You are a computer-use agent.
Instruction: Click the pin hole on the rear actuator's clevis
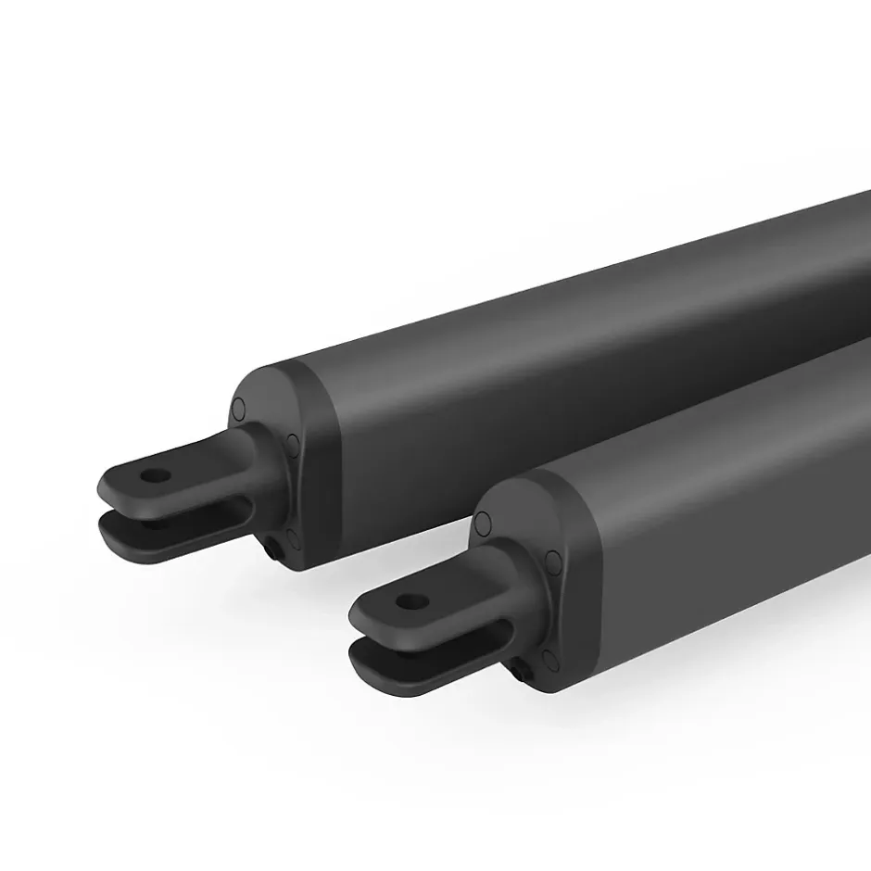pyautogui.click(x=155, y=476)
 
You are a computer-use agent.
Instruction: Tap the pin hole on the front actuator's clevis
pyautogui.click(x=406, y=600)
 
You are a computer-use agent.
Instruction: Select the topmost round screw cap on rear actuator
pyautogui.click(x=238, y=408)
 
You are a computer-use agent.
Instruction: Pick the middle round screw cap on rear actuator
pyautogui.click(x=294, y=445)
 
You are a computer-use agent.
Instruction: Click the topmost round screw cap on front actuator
pyautogui.click(x=482, y=525)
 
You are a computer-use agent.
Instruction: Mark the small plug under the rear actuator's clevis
pyautogui.click(x=275, y=550)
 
